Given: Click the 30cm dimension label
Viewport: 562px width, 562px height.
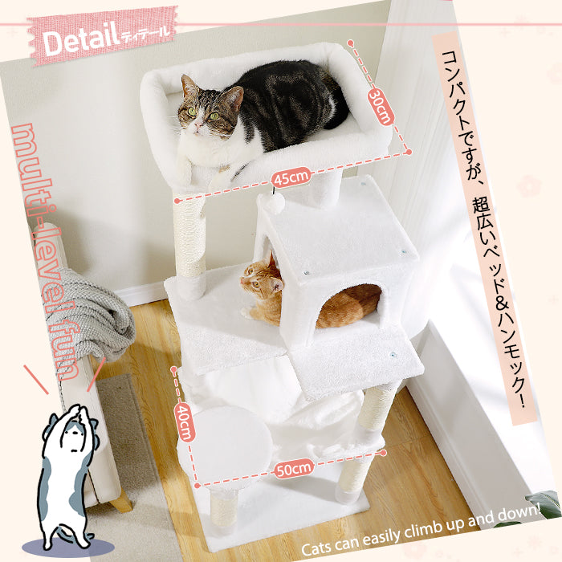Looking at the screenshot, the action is pos(380,106).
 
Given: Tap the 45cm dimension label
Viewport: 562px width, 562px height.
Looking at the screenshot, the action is pos(291,177).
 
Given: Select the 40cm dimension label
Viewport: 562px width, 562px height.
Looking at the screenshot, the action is pos(185,421).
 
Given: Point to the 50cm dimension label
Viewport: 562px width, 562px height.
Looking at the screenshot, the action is pos(294,468).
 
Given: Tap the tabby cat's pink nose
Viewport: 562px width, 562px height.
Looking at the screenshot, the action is pos(197,125).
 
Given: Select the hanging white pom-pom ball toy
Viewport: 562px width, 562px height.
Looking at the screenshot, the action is pos(275,203).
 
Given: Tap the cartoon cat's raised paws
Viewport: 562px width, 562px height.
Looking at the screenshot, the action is pos(79,412).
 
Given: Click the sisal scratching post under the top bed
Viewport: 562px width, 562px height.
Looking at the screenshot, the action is pos(189,237).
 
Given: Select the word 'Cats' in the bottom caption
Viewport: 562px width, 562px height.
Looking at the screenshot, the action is pos(316,546).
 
